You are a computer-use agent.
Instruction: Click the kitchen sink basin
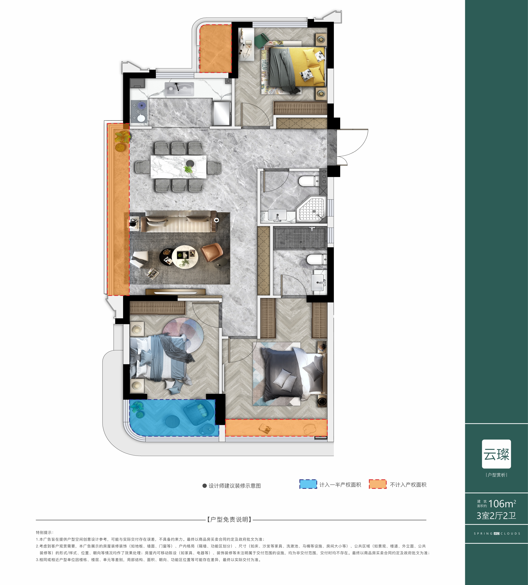[179, 89]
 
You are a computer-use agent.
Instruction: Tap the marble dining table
[178, 167]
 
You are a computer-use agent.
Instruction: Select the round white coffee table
[185, 257]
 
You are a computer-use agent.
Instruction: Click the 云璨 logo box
[496, 454]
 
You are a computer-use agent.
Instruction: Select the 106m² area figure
[502, 504]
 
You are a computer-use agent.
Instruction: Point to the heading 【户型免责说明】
[229, 519]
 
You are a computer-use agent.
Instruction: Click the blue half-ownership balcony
[173, 417]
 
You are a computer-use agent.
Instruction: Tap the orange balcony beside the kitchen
[215, 49]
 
